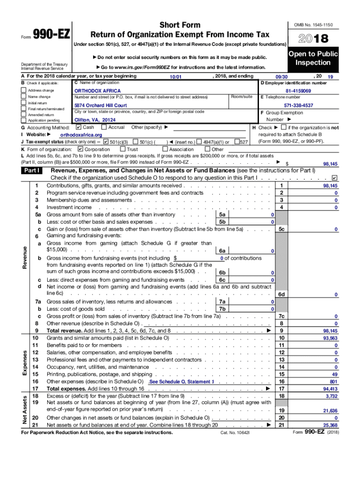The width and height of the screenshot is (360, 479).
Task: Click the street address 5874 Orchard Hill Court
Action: [101, 106]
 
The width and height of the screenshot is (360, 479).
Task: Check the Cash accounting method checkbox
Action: [78, 127]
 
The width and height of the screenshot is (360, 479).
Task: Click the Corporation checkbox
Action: [80, 149]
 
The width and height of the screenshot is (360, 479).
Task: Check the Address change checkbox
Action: [23, 90]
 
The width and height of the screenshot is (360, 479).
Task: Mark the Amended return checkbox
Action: [23, 115]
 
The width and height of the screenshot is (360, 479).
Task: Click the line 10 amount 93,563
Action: [330, 338]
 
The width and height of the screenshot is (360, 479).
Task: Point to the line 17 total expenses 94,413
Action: [330, 389]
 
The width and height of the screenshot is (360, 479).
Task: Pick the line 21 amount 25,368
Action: [330, 425]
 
